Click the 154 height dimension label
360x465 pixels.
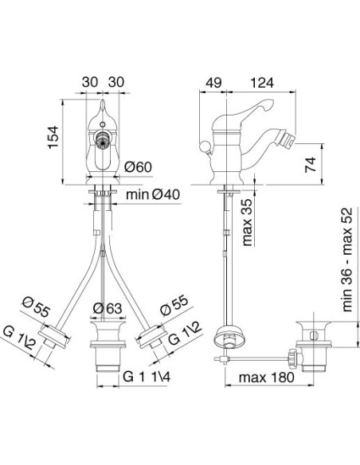54,137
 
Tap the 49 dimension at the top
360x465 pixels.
213,83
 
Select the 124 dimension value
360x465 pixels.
262,83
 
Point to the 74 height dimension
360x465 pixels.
311,165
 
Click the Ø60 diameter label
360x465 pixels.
138,167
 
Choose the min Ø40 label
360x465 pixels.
153,195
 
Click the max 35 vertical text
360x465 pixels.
248,222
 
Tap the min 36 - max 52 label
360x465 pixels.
347,260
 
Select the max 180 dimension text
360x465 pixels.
267,377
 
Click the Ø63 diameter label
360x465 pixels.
108,308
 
